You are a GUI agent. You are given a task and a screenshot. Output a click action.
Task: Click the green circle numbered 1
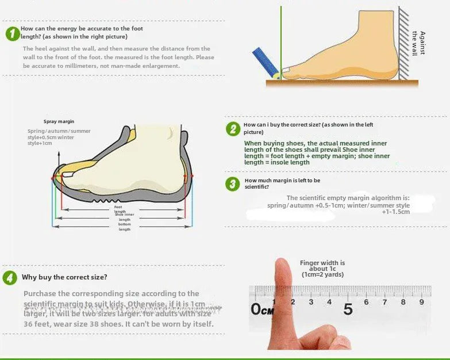[12, 34]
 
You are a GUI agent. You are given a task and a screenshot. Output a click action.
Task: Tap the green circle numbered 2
[233, 129]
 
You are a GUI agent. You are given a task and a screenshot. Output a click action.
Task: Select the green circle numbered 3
[233, 184]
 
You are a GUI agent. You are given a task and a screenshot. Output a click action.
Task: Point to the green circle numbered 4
[10, 278]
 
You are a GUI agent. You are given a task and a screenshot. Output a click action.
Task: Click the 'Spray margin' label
[59, 121]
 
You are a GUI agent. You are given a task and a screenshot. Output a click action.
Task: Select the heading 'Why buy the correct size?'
[64, 277]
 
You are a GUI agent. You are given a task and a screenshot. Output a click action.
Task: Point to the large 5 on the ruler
[348, 309]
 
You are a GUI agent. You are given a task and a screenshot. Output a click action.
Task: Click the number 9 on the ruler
[421, 302]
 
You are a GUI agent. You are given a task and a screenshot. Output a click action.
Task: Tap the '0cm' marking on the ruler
[262, 309]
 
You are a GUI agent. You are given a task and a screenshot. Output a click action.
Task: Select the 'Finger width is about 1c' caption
[322, 266]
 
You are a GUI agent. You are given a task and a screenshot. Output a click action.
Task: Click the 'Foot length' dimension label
[118, 209]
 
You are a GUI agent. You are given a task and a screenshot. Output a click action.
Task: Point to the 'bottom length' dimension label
[125, 227]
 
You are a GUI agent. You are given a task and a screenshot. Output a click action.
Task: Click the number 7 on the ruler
[384, 302]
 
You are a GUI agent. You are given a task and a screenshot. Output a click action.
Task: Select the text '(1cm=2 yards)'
[322, 275]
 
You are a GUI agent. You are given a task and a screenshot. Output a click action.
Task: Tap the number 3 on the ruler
[311, 302]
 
